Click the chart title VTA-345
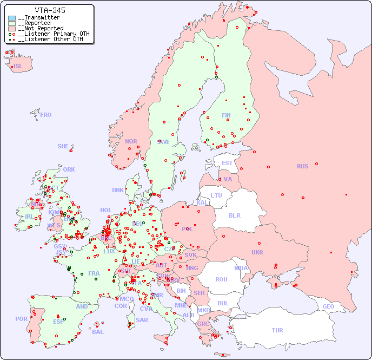click(50, 10)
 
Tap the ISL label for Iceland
click(18, 67)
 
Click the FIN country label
click(226, 115)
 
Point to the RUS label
click(302, 166)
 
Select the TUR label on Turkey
click(277, 330)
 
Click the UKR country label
click(257, 252)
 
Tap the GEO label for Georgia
click(328, 306)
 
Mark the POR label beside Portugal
click(21, 319)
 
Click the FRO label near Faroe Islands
click(46, 115)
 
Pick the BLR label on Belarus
click(234, 215)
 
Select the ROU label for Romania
click(221, 279)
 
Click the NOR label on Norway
click(131, 141)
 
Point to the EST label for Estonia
click(227, 163)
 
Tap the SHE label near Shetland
click(63, 146)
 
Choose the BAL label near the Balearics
click(97, 332)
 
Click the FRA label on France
click(94, 273)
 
